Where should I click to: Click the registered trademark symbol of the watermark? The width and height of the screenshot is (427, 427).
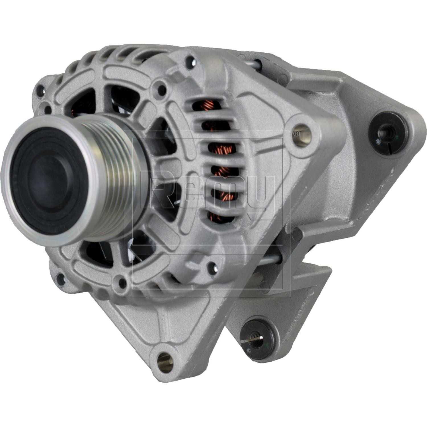[x=296, y=133]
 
